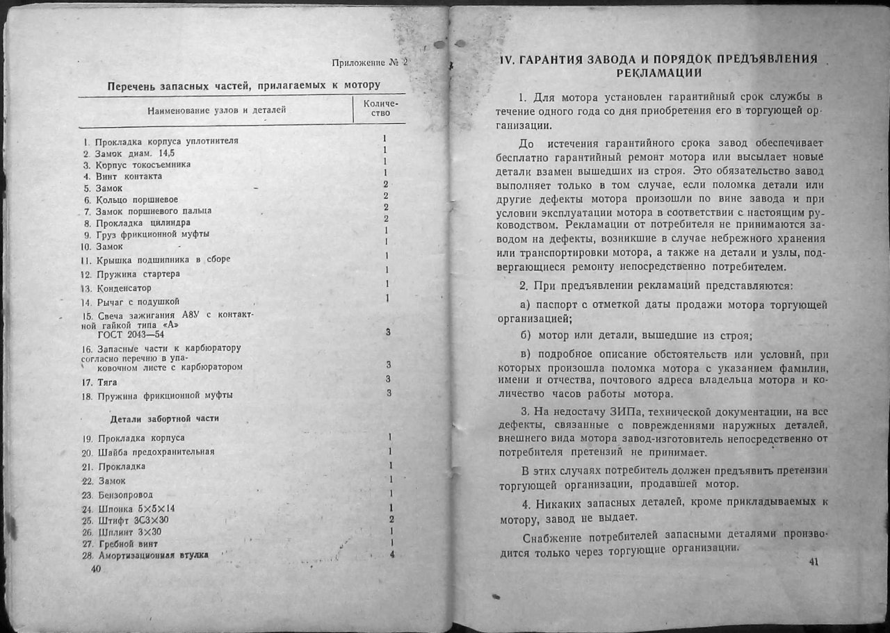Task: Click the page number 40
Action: click(x=96, y=568)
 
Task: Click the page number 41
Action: click(x=814, y=562)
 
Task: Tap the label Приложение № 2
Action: click(x=369, y=63)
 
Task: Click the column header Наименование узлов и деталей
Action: click(x=216, y=110)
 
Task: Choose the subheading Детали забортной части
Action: click(x=165, y=419)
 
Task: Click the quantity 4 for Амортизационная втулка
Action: click(x=392, y=554)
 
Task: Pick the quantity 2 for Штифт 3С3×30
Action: click(x=392, y=520)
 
